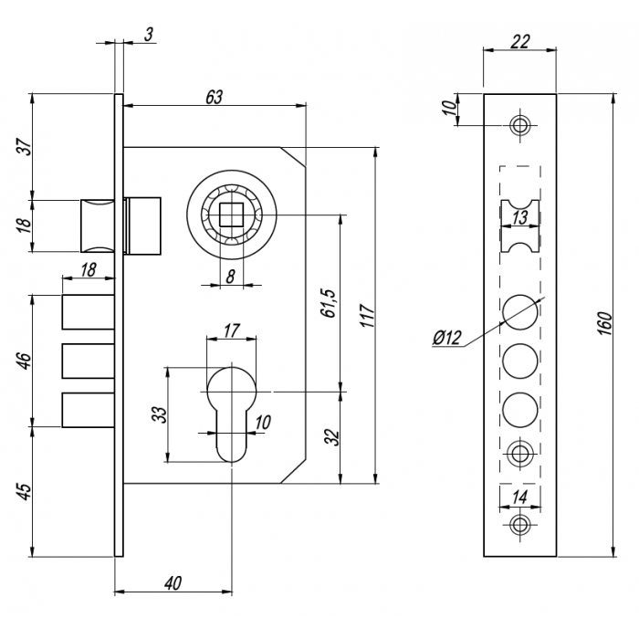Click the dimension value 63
coord(215,97)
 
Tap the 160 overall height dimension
coord(606,323)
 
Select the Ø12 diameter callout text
coord(447,338)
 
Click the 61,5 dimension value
coord(328,303)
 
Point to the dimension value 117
coord(368,316)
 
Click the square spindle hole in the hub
coord(231,215)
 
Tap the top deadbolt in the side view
coord(88,312)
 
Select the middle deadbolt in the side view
coord(88,361)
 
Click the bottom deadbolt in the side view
coord(88,410)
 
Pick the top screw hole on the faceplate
coord(520,125)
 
